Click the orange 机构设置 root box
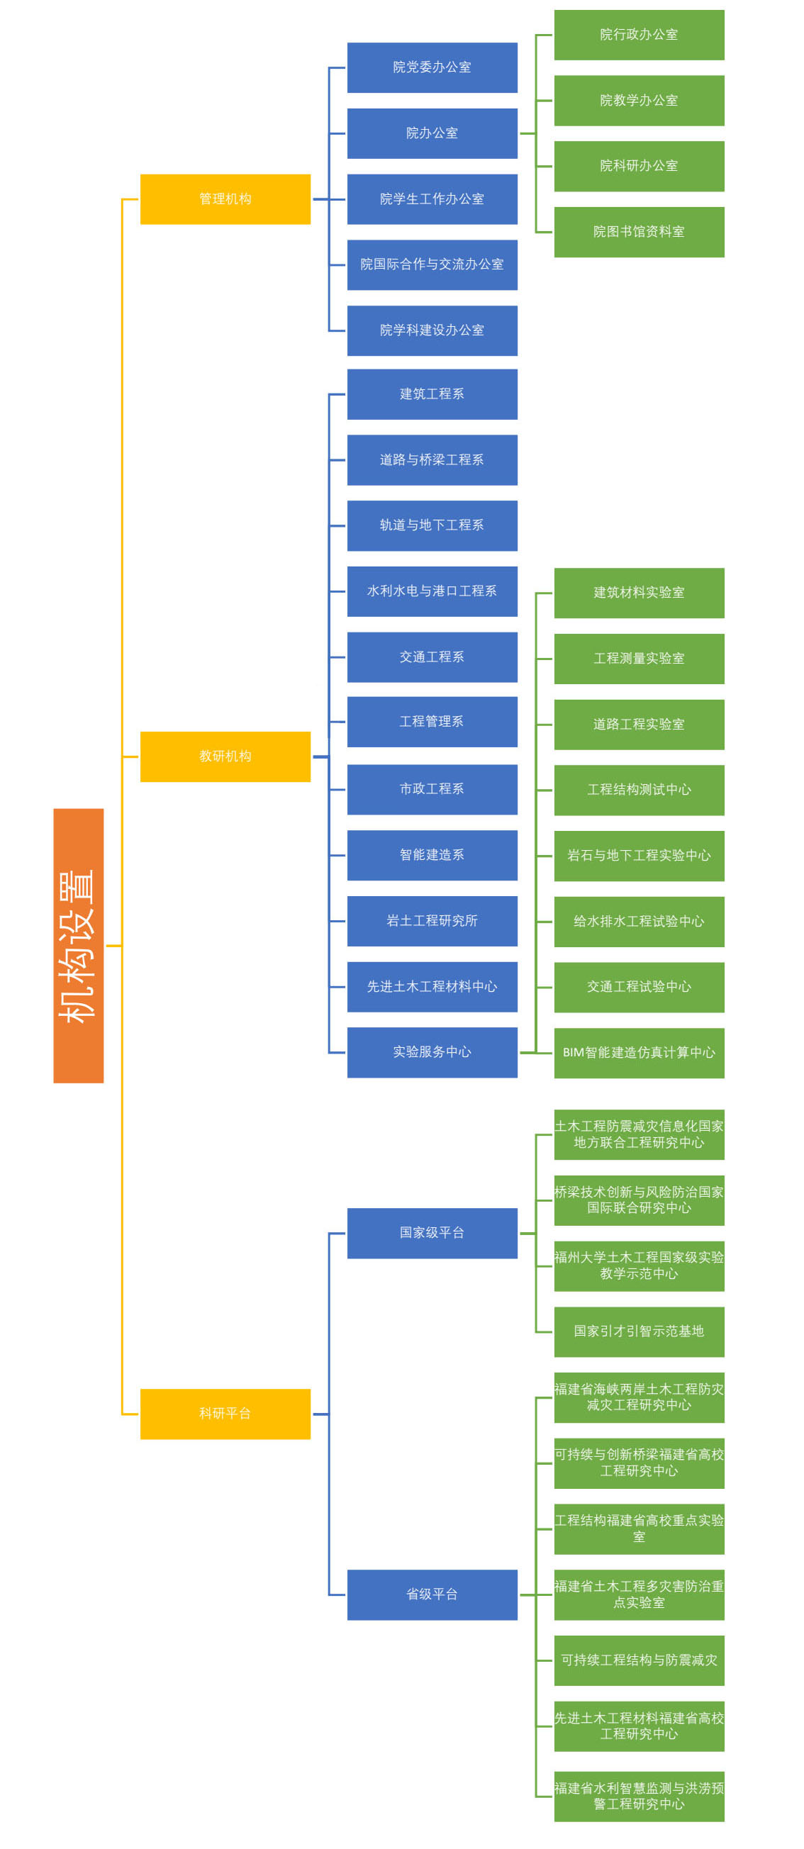pos(78,945)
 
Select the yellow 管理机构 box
pos(225,199)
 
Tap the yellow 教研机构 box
pos(225,756)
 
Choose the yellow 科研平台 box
pos(225,1413)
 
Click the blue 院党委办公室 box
pos(432,67)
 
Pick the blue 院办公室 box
pos(432,133)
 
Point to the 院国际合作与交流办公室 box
pos(432,265)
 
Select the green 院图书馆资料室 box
pos(638,232)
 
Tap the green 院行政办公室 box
pos(638,35)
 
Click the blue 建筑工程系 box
pos(432,394)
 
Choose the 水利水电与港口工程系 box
pos(432,591)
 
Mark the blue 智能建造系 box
pos(432,855)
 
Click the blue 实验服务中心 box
pos(432,1051)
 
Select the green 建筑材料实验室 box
pos(638,592)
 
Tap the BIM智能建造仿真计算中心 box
pos(638,1052)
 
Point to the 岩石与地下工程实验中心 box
pos(638,856)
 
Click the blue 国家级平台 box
pos(432,1232)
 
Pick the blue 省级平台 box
pos(432,1594)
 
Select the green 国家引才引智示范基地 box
pos(638,1331)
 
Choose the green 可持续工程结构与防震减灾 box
pos(638,1660)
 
